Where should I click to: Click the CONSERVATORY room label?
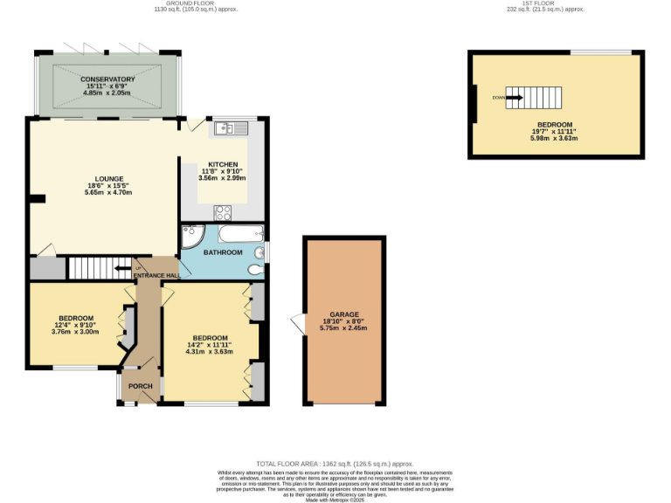tap(107, 79)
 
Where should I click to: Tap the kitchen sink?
tap(232, 128)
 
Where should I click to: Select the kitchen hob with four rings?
tap(223, 211)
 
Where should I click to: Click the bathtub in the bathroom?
tap(239, 233)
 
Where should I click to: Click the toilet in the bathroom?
tap(255, 269)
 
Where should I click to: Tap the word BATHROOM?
tap(223, 252)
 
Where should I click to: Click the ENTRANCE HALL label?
tap(156, 276)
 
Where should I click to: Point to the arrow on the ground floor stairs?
tap(119, 268)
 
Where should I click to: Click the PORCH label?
tap(140, 386)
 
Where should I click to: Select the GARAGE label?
tap(343, 314)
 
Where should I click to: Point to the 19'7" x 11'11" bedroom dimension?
tap(555, 131)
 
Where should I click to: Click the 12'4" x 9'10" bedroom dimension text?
tap(76, 325)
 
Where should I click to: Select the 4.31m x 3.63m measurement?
tap(210, 352)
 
